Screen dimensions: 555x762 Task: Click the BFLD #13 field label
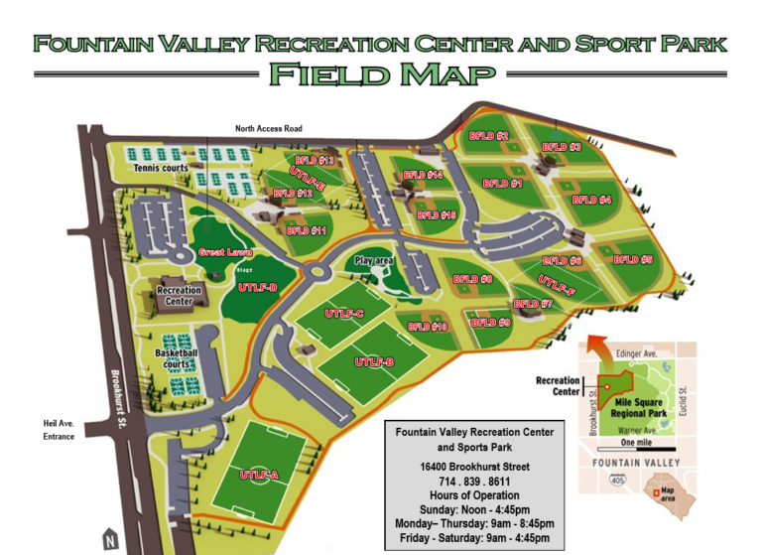315,160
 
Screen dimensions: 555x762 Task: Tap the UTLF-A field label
259,475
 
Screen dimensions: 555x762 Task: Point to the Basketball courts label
177,358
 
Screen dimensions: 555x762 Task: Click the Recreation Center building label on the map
180,296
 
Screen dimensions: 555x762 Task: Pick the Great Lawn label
225,252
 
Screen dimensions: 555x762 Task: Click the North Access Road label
269,129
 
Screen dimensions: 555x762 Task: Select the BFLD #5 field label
633,260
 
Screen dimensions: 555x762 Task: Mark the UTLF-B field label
375,362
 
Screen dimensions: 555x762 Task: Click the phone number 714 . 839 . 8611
474,481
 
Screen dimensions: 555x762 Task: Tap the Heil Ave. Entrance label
59,429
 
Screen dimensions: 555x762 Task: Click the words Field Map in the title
381,73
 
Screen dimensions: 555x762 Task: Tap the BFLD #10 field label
428,326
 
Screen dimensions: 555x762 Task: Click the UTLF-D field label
258,288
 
